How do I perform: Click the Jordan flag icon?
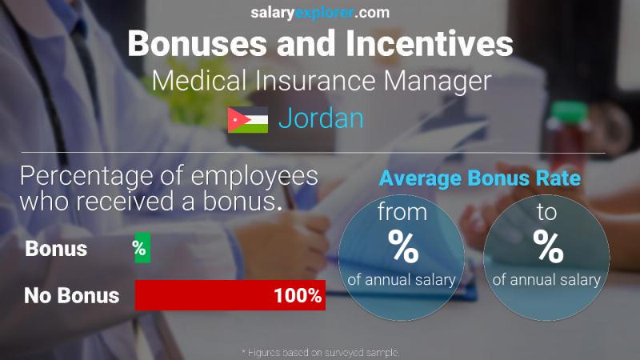(248, 120)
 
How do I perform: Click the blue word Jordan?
(321, 118)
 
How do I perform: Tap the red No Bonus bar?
(230, 296)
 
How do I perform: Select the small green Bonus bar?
(141, 249)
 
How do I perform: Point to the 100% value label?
(297, 296)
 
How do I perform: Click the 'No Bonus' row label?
(72, 296)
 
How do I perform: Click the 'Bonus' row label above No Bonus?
(56, 249)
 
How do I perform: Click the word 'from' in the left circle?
(403, 214)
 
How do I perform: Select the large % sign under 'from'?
(403, 248)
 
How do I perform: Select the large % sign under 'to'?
(549, 248)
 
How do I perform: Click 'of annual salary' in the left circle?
(403, 280)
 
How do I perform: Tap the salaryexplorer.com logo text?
(320, 13)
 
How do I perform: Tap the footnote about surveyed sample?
(320, 352)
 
